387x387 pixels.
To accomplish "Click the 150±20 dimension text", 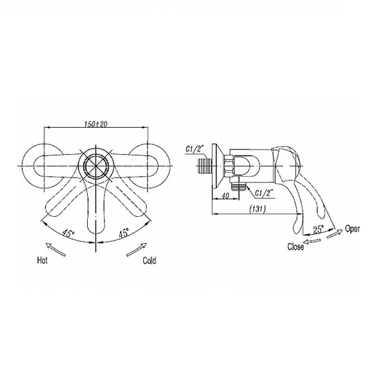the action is pyautogui.click(x=96, y=124).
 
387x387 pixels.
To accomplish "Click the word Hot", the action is pyautogui.click(x=42, y=260).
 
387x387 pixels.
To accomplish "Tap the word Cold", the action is pyautogui.click(x=149, y=261).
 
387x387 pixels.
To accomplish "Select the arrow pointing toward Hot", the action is pyautogui.click(x=56, y=250).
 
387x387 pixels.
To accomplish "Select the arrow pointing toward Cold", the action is pyautogui.click(x=136, y=250).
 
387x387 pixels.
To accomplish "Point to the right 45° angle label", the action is pyautogui.click(x=124, y=233).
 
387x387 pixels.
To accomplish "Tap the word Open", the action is pyautogui.click(x=352, y=229).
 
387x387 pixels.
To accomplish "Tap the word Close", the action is pyautogui.click(x=296, y=247).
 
